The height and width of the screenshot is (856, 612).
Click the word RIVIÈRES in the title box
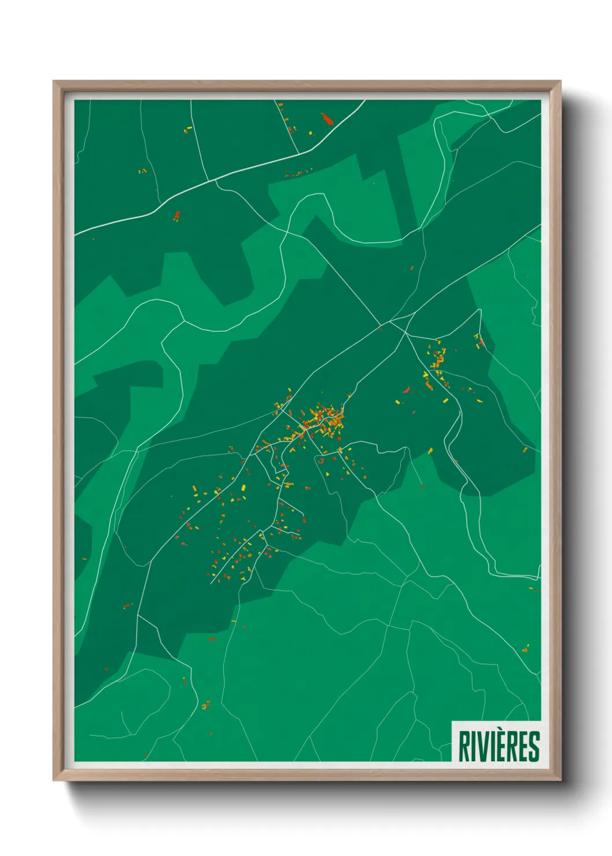pos(499,747)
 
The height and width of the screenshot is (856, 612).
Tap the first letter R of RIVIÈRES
pos(464,747)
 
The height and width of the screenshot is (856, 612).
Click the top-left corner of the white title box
pos(452,721)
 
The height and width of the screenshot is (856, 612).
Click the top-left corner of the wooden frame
pos(53,81)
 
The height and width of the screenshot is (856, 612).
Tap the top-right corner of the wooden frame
pos(561,81)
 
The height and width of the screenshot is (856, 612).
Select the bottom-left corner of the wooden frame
pos(53,780)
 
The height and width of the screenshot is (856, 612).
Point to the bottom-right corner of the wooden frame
pos(561,780)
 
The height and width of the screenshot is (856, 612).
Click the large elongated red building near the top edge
pos(327,119)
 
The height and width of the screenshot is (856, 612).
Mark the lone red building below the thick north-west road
pos(177,216)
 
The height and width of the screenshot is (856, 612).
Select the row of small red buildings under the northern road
pos(298,173)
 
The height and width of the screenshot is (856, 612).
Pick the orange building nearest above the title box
pos(526,648)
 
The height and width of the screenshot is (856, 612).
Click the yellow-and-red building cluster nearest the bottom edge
pos(205,705)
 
